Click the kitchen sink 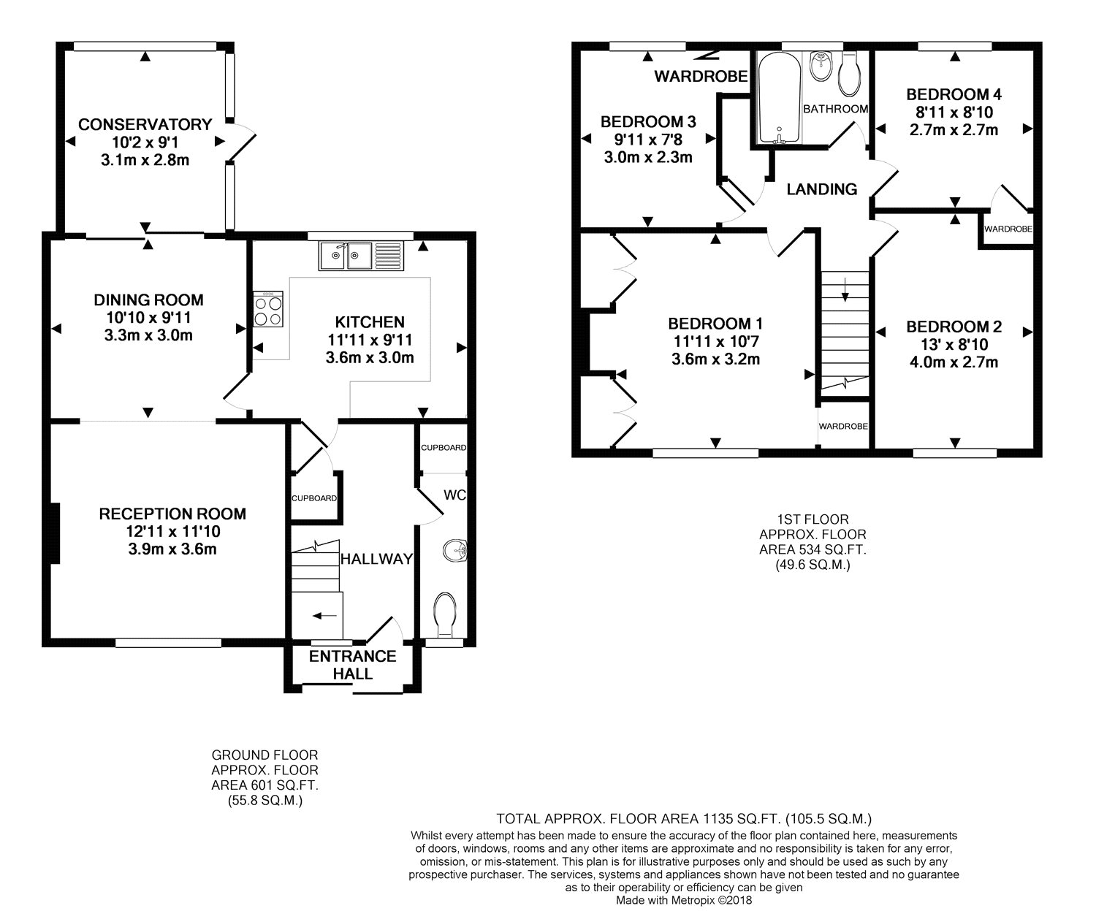(361, 256)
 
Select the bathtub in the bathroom (780, 98)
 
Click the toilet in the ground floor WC (445, 615)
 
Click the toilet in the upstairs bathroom (849, 74)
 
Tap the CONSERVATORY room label (145, 124)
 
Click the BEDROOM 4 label (954, 94)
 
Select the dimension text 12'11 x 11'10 (172, 532)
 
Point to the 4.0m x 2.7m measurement (954, 362)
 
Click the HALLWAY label (376, 559)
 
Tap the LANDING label (821, 189)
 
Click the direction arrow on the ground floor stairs (324, 615)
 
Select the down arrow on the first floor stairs (845, 289)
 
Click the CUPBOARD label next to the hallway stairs (314, 498)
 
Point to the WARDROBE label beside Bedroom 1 (843, 426)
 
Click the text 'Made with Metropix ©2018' (684, 901)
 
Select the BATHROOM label (835, 109)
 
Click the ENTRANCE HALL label (352, 665)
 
